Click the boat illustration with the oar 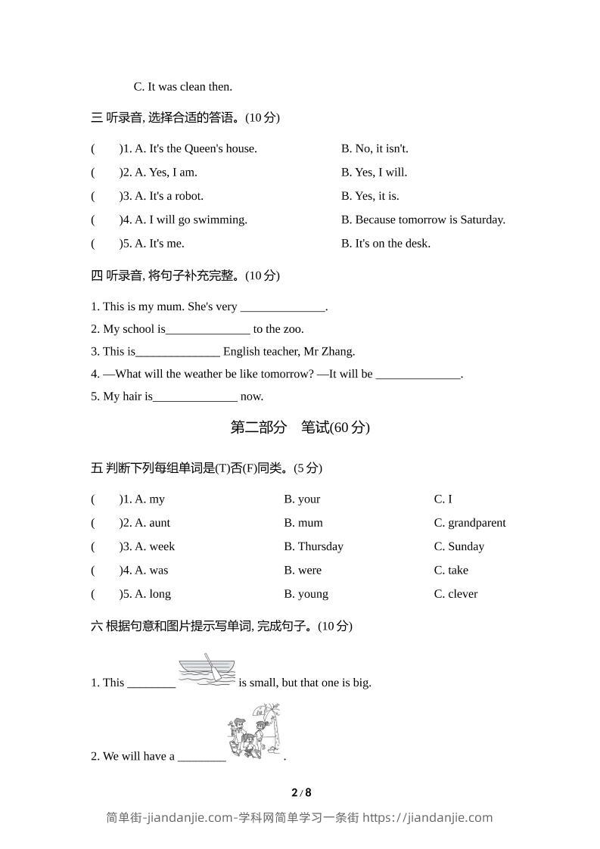(207, 670)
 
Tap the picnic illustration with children (253, 732)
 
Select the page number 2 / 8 (301, 793)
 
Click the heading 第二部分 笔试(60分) (300, 428)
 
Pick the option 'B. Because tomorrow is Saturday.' (423, 219)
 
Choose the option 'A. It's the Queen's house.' (196, 148)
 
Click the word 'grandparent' (477, 523)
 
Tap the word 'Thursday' (321, 546)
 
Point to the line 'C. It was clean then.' (183, 87)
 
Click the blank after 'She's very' (282, 308)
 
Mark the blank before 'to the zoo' (207, 330)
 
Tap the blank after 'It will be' (418, 375)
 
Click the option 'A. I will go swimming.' (191, 219)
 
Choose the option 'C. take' (451, 571)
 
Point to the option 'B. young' (306, 594)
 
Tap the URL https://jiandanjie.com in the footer (427, 817)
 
